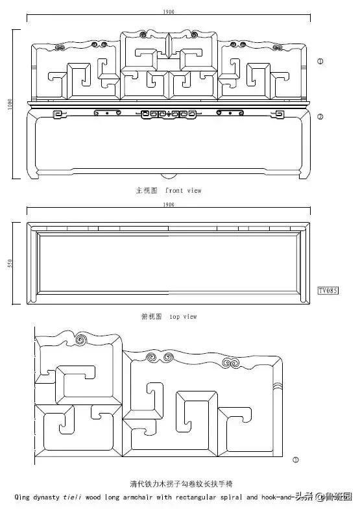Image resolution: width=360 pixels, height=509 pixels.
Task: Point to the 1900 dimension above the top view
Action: coord(167,205)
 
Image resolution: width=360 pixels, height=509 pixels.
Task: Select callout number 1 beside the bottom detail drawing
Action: coord(296,460)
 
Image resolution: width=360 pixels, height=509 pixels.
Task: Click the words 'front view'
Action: coord(184,191)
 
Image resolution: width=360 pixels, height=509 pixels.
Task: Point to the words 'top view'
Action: coord(183,317)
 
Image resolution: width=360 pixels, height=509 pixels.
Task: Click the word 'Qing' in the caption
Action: coord(21,497)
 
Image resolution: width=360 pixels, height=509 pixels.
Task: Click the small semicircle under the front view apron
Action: coord(167,176)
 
